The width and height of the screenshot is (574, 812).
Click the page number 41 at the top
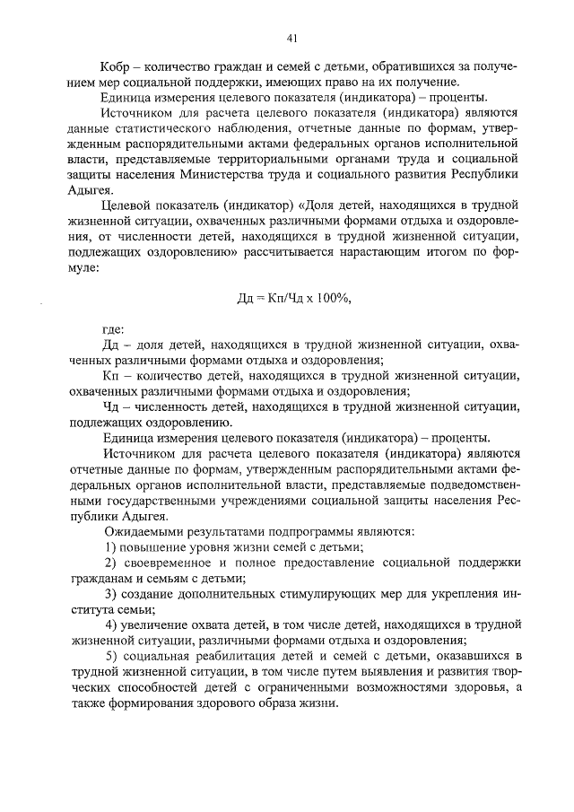[291, 37]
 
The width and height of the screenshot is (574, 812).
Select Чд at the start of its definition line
[112, 406]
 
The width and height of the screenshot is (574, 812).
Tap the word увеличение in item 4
[159, 625]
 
